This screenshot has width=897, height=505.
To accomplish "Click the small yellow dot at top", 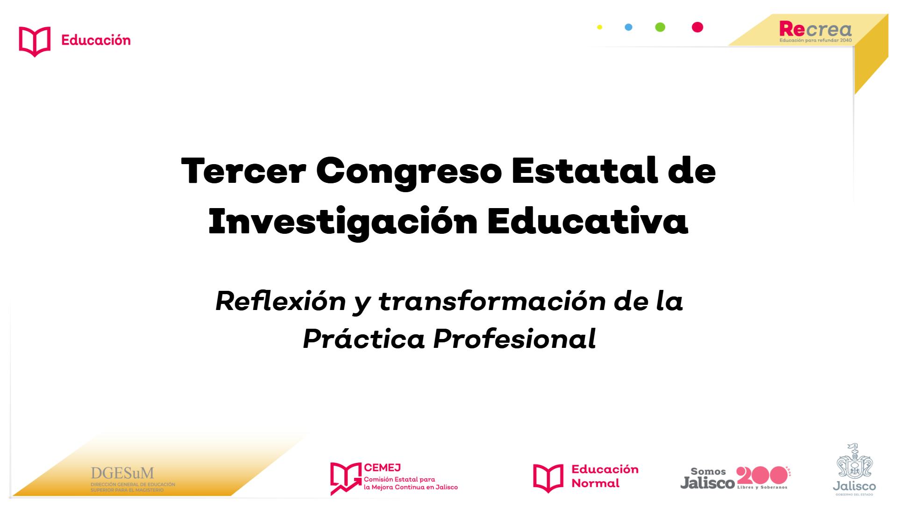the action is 599,27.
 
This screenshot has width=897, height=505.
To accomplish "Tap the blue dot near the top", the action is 628,27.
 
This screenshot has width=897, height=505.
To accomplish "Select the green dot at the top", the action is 660,27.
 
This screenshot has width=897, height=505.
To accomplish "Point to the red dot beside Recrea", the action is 698,27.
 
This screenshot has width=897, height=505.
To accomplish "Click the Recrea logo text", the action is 816,29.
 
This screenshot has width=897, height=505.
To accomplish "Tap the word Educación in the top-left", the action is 96,40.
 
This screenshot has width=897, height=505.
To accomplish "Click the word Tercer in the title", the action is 243,171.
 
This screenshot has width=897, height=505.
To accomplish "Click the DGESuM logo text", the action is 122,473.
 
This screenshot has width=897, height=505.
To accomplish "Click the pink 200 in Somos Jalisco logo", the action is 762,476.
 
